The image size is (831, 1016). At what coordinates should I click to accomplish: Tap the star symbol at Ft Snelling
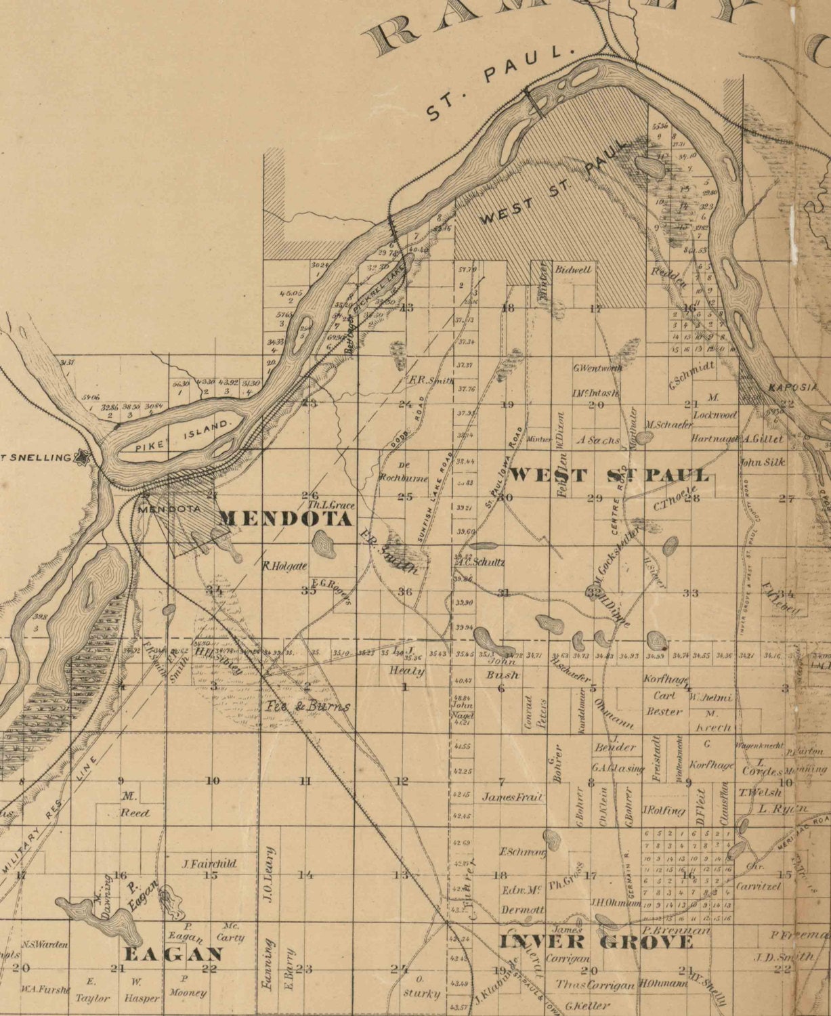click(x=83, y=457)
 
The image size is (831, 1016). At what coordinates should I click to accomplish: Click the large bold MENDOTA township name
click(x=286, y=520)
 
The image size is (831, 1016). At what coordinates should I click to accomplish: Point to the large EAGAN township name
click(x=173, y=954)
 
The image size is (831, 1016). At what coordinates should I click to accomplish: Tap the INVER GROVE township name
click(x=596, y=942)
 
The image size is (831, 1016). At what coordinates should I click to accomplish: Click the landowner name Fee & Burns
click(x=307, y=706)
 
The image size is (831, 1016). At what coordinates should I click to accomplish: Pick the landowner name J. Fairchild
click(x=209, y=864)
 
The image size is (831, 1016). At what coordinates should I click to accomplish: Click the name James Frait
click(x=513, y=797)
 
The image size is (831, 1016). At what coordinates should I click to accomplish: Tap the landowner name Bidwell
click(x=573, y=269)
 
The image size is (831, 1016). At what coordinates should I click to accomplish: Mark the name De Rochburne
click(x=405, y=473)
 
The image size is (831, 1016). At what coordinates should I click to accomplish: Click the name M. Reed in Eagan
click(x=133, y=805)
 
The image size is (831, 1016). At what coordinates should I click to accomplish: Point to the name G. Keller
click(x=587, y=1006)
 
